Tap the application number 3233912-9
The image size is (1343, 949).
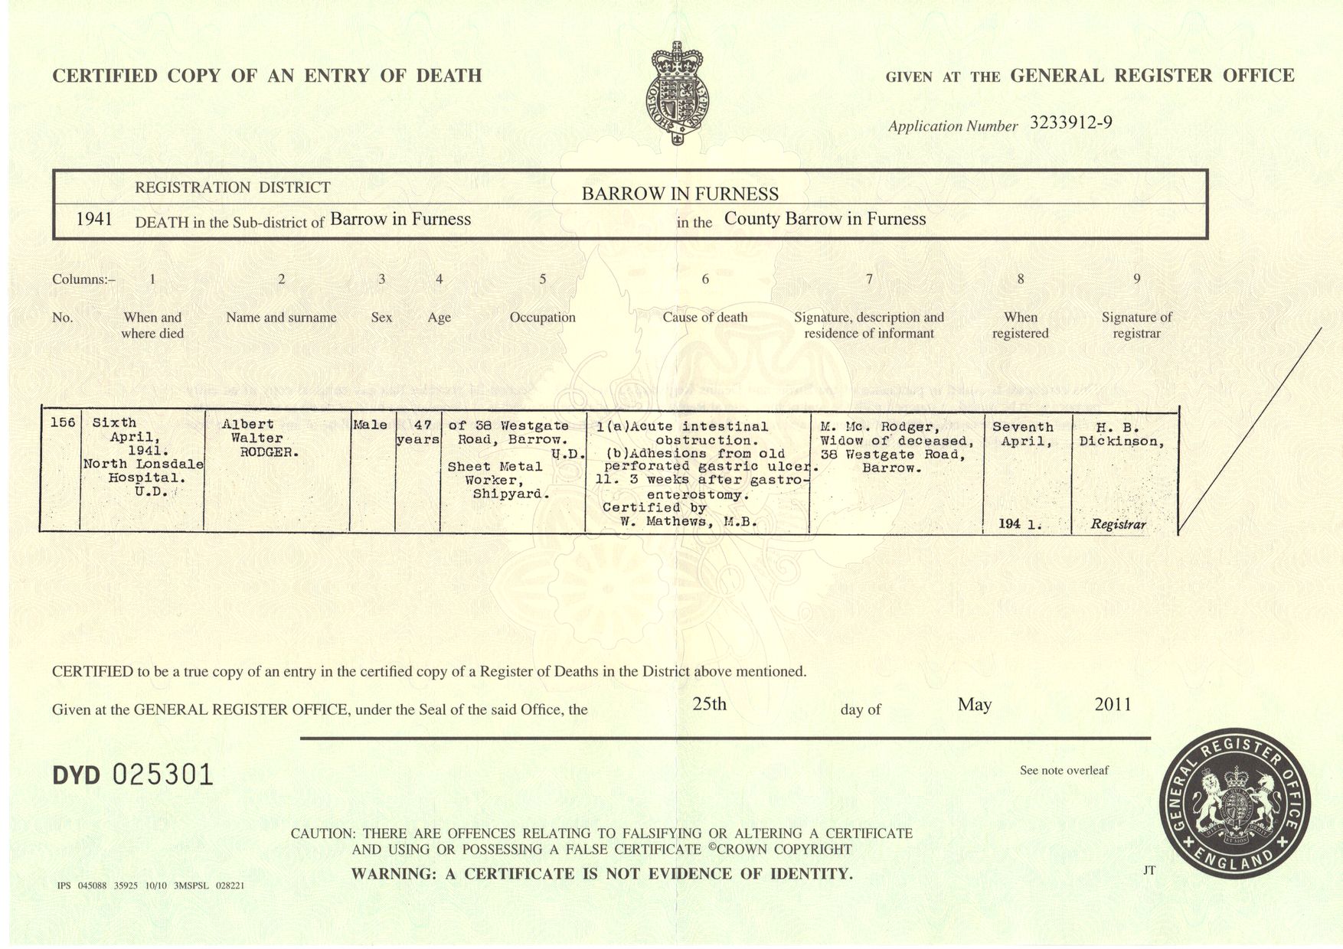1070,123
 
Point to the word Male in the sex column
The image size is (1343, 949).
371,425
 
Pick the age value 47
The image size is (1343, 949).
423,426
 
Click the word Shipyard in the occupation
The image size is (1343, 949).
511,494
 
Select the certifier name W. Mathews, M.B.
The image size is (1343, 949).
688,522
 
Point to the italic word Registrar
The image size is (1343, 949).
1119,524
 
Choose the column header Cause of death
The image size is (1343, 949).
704,318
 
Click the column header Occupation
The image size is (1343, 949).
542,318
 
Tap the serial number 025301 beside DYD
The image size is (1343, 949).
162,775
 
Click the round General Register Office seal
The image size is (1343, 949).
1234,804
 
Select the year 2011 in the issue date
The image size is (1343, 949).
1113,704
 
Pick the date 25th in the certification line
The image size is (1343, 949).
709,704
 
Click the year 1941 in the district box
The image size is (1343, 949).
94,220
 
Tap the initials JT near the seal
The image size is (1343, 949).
1149,870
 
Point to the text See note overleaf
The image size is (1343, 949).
1064,771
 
